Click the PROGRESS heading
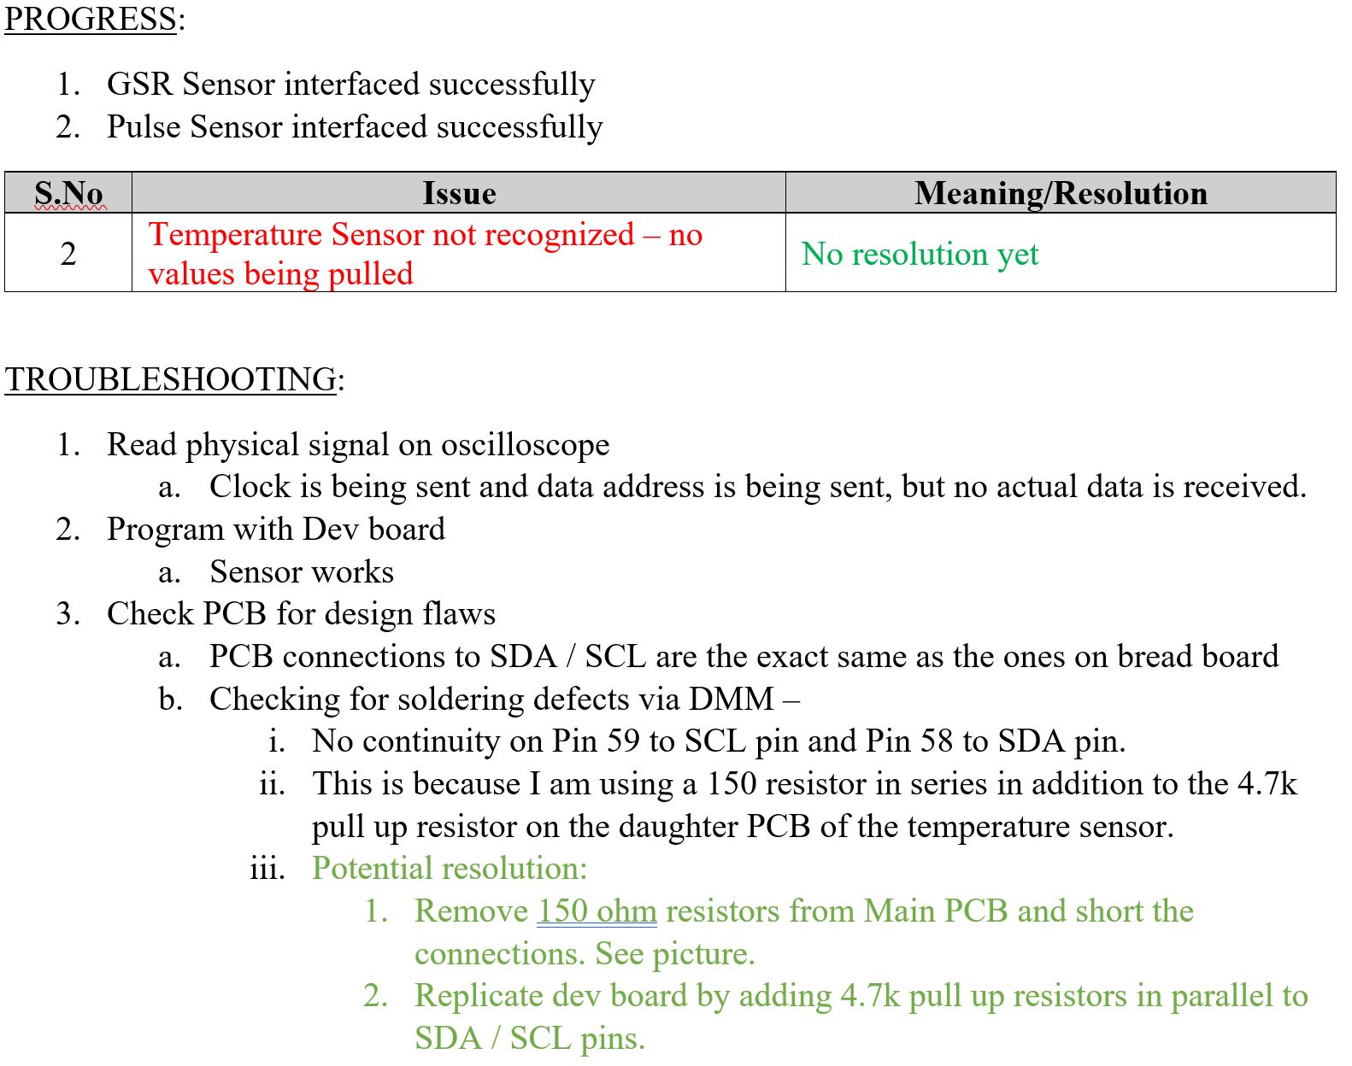[x=91, y=19]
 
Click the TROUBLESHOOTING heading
[x=171, y=379]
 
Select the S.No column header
[x=69, y=193]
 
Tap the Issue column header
[x=459, y=193]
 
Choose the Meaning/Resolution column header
[x=1061, y=193]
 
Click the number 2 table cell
[x=68, y=254]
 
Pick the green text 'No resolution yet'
[x=920, y=254]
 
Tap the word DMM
[x=731, y=700]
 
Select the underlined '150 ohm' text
[x=597, y=911]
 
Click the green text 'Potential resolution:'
[x=450, y=869]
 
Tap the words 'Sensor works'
[x=302, y=572]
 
